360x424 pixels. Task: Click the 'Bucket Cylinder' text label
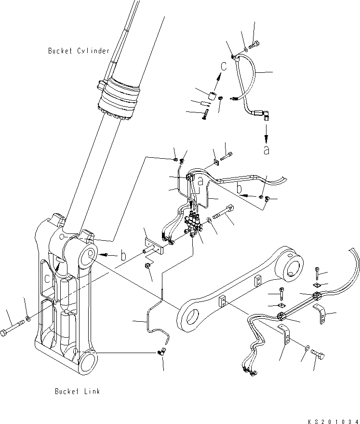[79, 51]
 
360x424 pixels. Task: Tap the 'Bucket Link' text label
[77, 391]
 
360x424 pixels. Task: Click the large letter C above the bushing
[223, 66]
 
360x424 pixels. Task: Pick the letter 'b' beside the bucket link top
[123, 256]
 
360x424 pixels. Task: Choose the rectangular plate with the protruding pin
[155, 245]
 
